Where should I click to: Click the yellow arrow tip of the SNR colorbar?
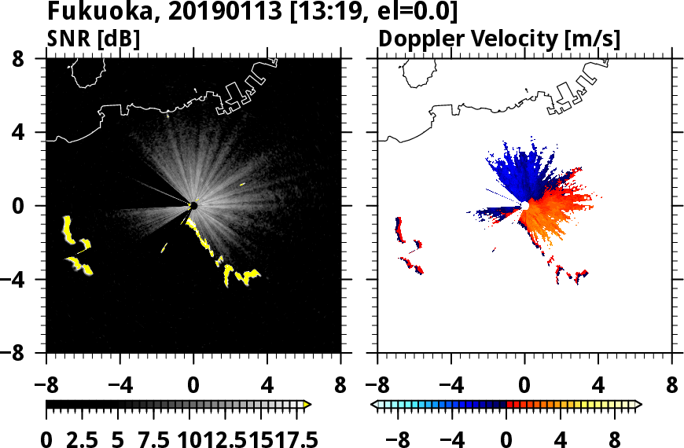pyautogui.click(x=307, y=405)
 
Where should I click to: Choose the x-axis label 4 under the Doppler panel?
pyautogui.click(x=598, y=387)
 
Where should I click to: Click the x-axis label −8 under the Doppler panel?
pyautogui.click(x=377, y=387)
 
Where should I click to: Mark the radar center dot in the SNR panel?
pyautogui.click(x=193, y=206)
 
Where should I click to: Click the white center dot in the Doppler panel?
pyautogui.click(x=524, y=206)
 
